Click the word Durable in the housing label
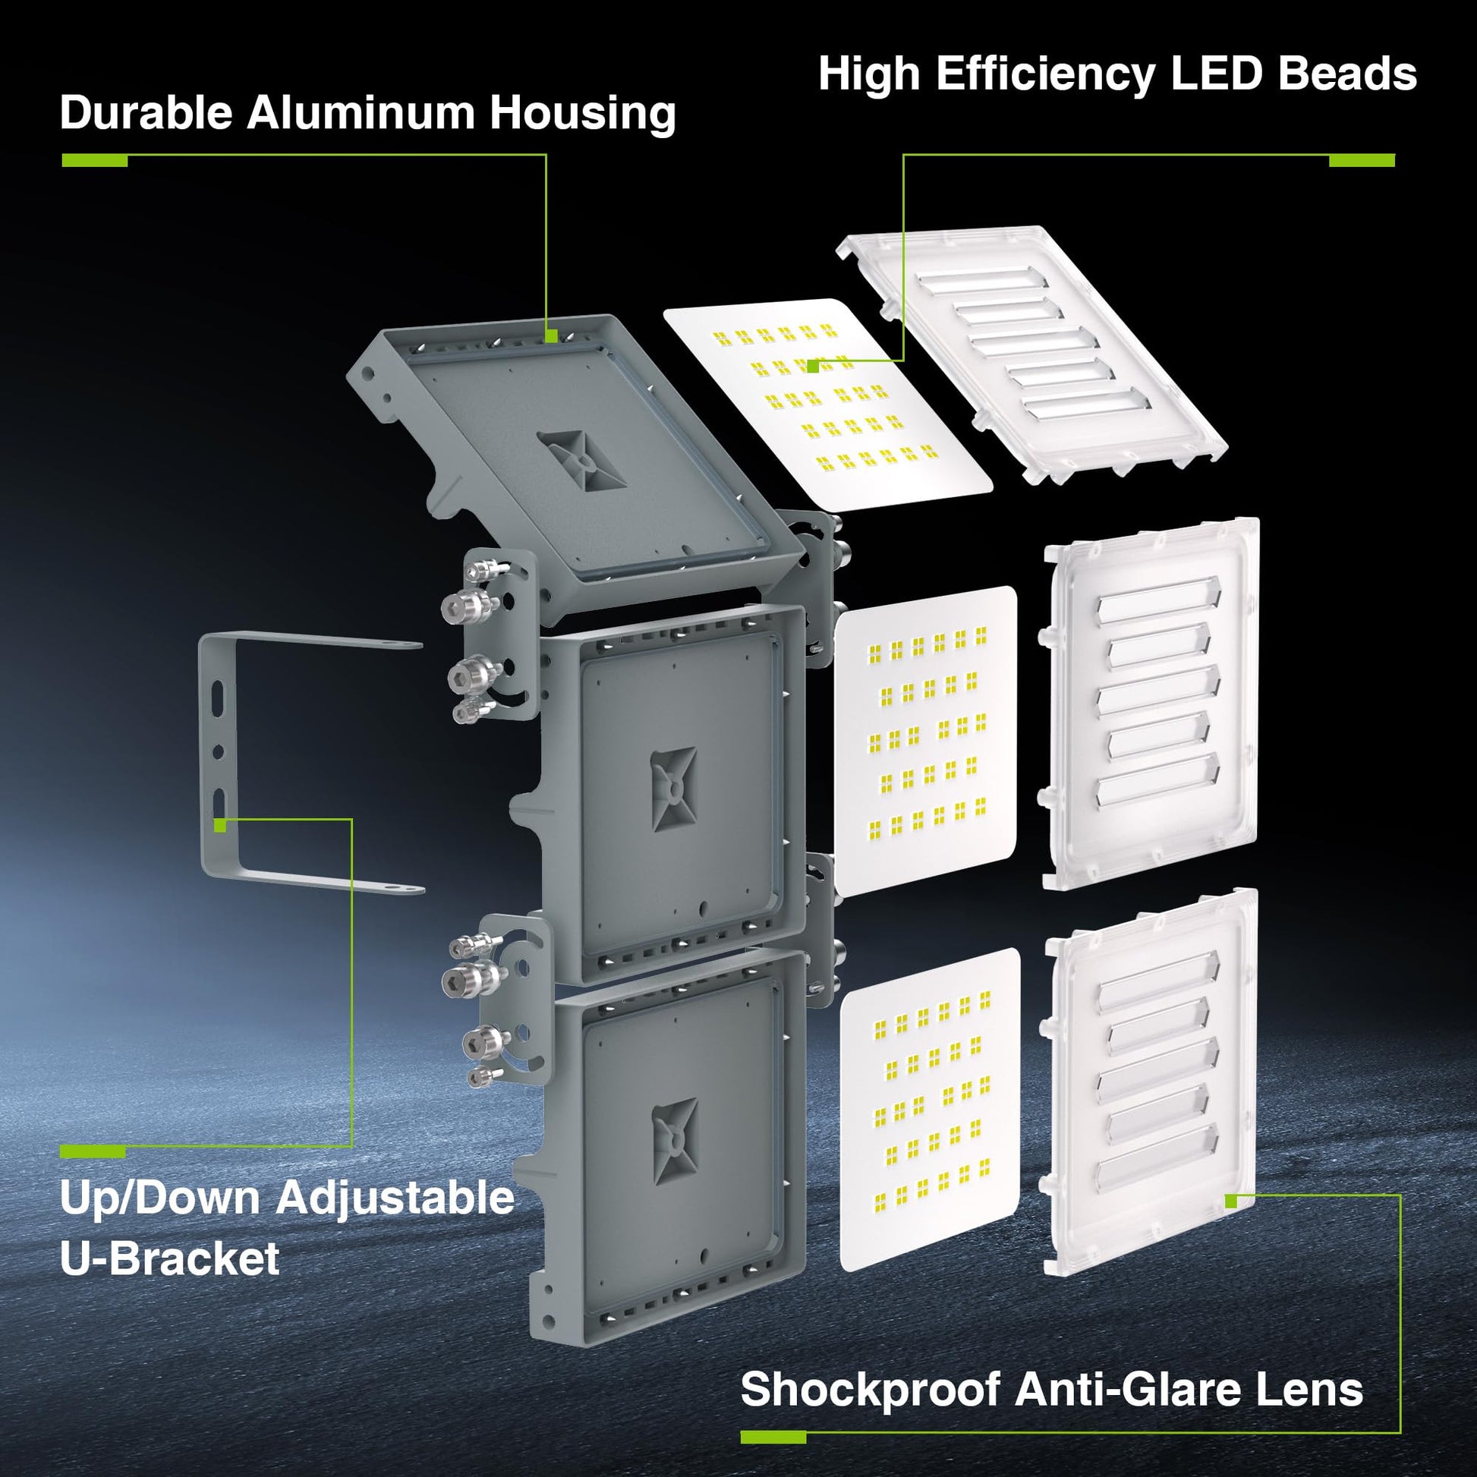coord(146,113)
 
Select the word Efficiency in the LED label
coord(1045,75)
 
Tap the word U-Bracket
coord(170,1258)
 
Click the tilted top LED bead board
coord(828,405)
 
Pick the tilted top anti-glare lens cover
coord(1032,354)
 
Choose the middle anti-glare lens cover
coord(1151,704)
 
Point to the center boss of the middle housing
coord(673,789)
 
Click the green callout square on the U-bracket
coord(220,826)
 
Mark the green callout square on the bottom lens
coord(1231,1201)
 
